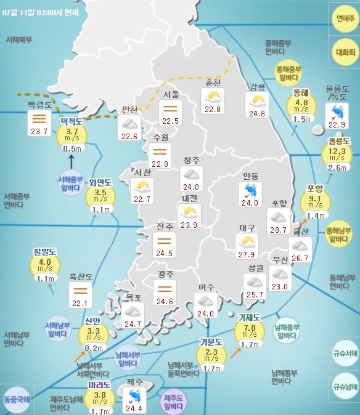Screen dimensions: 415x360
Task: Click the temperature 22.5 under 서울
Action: pos(170,121)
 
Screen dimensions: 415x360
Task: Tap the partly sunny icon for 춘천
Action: pos(213,97)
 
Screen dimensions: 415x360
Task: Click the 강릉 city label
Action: pos(256,86)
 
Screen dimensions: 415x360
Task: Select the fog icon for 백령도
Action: pos(40,118)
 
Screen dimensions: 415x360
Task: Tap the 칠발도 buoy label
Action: pos(44,252)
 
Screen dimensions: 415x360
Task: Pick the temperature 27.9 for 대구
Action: pos(247,254)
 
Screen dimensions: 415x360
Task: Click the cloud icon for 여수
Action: pos(205,300)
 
